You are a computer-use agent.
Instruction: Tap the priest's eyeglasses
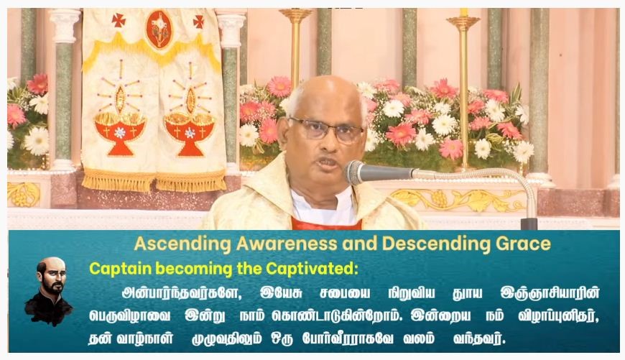pos(326,130)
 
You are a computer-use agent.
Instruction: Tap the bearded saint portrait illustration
pos(49,291)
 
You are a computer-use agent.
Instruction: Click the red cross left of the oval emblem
pos(119,20)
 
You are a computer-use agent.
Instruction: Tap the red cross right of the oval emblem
pos(198,22)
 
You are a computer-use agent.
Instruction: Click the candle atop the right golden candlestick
pos(463,12)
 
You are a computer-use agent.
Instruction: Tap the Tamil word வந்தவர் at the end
pos(479,339)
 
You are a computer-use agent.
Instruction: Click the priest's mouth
pos(328,163)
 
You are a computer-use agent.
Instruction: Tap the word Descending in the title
pos(436,244)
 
